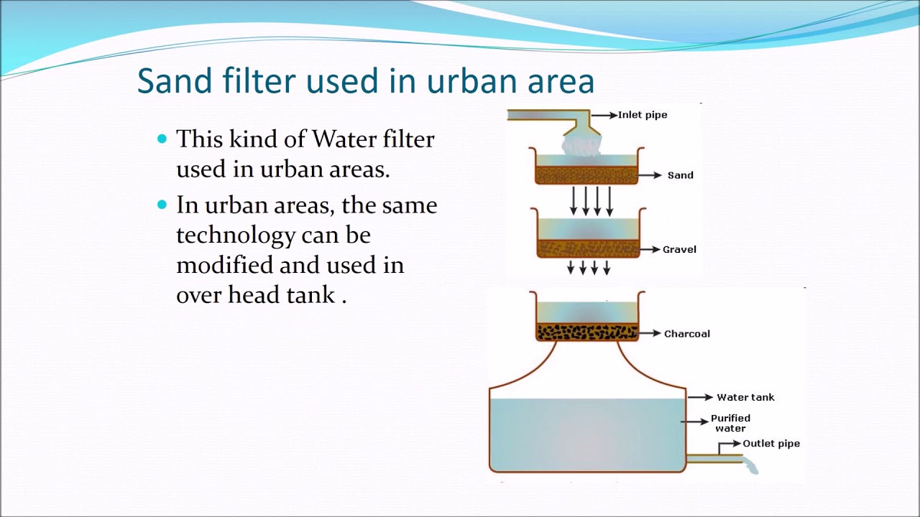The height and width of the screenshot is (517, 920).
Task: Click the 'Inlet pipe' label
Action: tap(642, 115)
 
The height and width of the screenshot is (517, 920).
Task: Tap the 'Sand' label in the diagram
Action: tap(680, 175)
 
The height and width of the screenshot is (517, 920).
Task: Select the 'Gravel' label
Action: tap(679, 250)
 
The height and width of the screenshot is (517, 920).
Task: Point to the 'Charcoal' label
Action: tap(686, 334)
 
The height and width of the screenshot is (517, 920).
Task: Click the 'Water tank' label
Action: tap(745, 397)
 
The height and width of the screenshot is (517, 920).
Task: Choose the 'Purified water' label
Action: tap(730, 423)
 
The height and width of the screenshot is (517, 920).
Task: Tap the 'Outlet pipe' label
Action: tap(770, 444)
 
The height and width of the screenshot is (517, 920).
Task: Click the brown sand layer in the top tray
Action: tap(586, 175)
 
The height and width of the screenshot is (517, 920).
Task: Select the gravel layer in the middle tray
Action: tap(587, 248)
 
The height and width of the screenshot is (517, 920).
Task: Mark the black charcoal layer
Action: tap(587, 332)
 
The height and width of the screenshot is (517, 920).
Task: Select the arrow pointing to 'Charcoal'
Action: tap(650, 333)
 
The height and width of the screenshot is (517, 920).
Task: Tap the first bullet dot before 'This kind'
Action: tap(162, 138)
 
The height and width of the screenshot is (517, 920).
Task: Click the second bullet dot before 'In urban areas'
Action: tap(162, 205)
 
